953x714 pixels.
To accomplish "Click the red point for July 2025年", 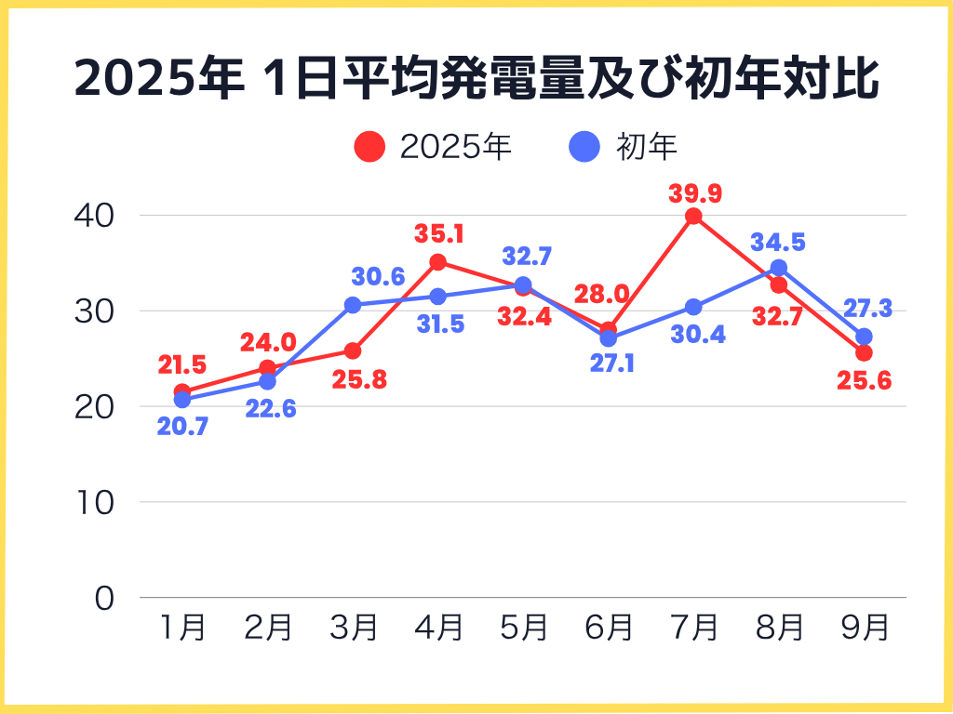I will point(693,217).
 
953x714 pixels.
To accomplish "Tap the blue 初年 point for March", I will point(353,305).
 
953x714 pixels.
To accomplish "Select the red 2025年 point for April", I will point(437,262).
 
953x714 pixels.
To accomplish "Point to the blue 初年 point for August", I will point(778,269).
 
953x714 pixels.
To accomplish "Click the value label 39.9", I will point(695,194).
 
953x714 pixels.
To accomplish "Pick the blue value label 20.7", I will point(182,428).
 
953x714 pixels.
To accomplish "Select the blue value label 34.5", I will point(778,243).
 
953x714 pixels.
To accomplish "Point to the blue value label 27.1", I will point(611,363).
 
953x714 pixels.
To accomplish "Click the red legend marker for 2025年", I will point(369,146).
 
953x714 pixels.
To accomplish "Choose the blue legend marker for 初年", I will point(584,146).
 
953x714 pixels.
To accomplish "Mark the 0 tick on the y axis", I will point(103,598).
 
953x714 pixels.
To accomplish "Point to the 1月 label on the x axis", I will point(182,628).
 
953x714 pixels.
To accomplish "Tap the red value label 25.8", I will point(355,379).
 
